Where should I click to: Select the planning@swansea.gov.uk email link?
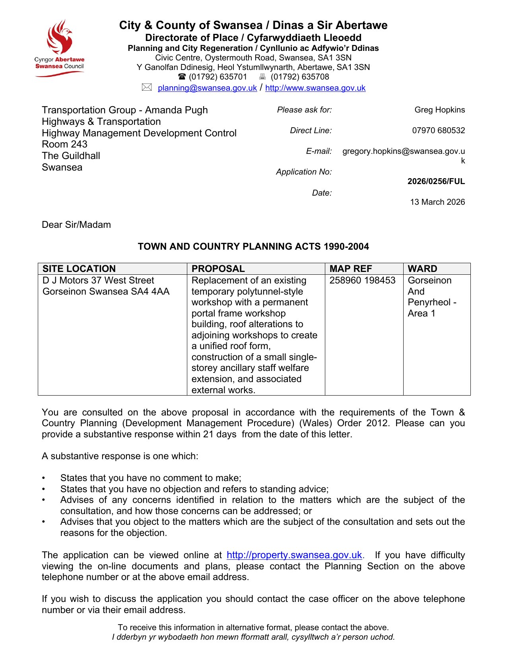point(207,88)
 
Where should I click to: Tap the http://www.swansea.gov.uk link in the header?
point(315,88)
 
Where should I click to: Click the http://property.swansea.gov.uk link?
point(294,555)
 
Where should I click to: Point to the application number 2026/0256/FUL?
point(436,182)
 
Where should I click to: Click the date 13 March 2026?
point(437,202)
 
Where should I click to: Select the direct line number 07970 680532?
point(438,130)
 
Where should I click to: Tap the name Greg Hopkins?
point(439,110)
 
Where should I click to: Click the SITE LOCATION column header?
point(79,269)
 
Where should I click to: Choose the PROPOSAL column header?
point(218,269)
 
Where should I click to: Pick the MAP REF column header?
point(350,269)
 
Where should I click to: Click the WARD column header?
point(422,269)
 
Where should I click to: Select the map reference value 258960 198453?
point(362,280)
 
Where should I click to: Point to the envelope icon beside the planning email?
point(147,87)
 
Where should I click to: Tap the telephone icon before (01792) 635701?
point(182,77)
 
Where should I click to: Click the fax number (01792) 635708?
point(300,77)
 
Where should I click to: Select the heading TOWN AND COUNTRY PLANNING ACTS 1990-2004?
point(253,246)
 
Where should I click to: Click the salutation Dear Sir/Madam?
point(76,225)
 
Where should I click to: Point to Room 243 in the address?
point(64,144)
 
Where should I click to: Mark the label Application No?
point(304,172)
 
